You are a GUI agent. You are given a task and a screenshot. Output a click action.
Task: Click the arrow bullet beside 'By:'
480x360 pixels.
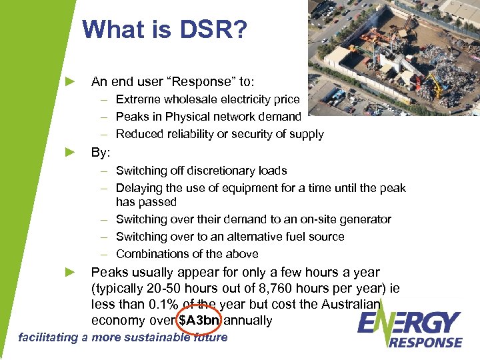[x=70, y=152]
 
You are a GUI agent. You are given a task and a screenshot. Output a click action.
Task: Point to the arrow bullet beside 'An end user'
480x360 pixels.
[x=70, y=82]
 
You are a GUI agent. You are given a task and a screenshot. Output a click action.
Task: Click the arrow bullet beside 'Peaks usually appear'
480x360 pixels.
[x=70, y=272]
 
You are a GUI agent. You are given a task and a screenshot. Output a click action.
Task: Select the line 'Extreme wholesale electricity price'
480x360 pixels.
[x=207, y=100]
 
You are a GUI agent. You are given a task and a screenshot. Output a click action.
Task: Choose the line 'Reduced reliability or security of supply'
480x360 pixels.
[x=219, y=135]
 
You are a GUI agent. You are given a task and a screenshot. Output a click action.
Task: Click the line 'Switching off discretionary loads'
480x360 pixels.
[x=201, y=171]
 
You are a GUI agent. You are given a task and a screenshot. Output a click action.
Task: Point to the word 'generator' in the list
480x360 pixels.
[x=366, y=219]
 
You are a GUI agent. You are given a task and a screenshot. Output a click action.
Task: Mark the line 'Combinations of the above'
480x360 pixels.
[x=187, y=254]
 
